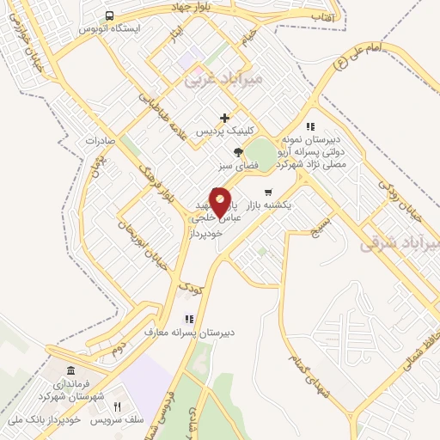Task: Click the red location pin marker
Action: coord(220,202)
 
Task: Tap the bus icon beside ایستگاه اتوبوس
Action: coord(109,15)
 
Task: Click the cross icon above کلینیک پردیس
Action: coord(225,118)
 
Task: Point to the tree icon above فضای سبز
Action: coord(226,152)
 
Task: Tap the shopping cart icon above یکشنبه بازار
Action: coord(268,192)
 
